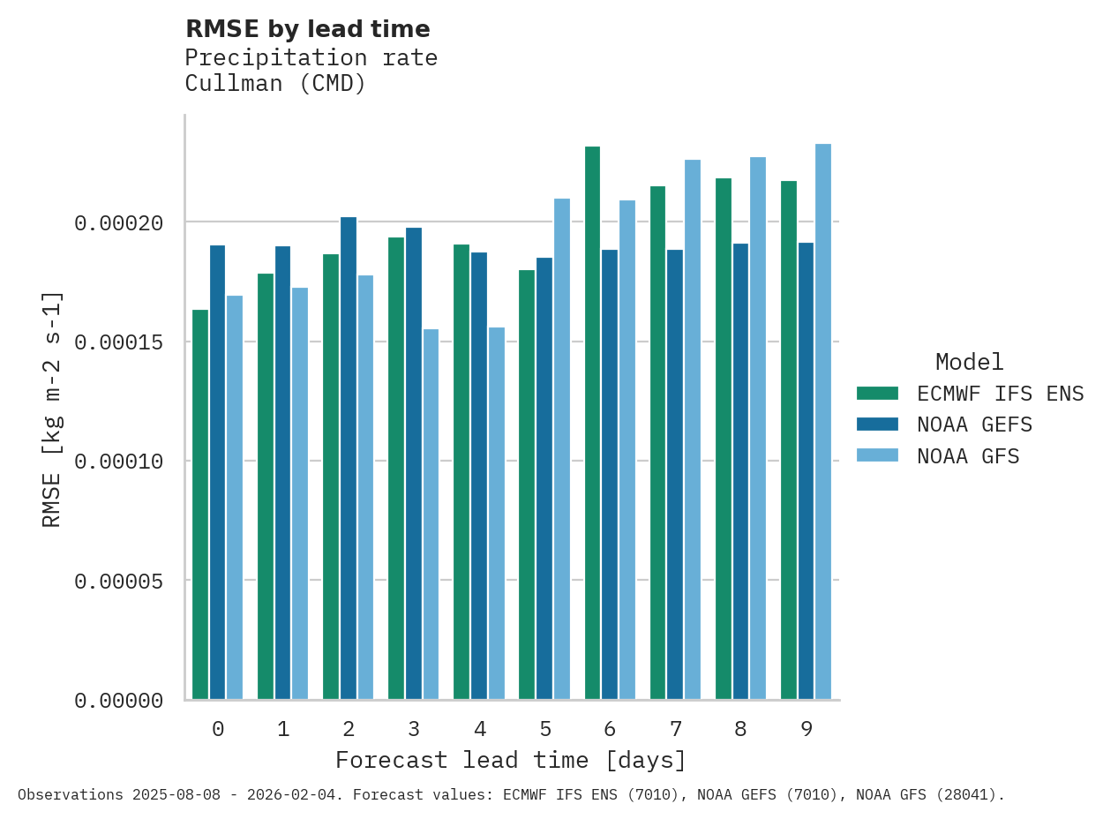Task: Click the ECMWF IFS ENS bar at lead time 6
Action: [x=592, y=424]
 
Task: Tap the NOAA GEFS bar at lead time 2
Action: [x=349, y=458]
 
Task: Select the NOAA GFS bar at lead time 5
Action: [x=561, y=449]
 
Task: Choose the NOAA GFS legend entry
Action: [x=967, y=456]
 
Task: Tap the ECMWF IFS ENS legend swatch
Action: [x=877, y=393]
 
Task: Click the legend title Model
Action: [x=969, y=362]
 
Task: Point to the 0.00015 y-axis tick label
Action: [x=119, y=342]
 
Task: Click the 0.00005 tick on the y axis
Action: [x=119, y=582]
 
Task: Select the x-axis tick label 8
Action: [x=740, y=729]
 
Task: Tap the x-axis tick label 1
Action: [x=283, y=729]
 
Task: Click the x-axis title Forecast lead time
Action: [x=510, y=760]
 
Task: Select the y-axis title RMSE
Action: [x=52, y=409]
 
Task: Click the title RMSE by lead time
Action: [x=307, y=29]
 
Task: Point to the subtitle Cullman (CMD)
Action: [x=274, y=84]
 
